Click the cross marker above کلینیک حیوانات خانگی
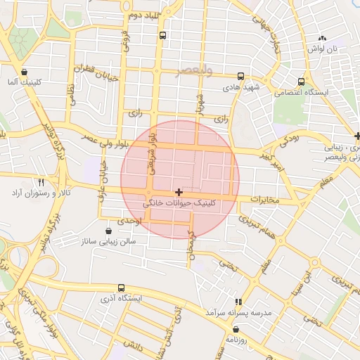pyautogui.click(x=179, y=192)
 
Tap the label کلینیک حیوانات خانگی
pyautogui.click(x=180, y=202)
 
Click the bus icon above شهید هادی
pyautogui.click(x=241, y=77)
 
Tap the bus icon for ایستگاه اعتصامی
pyautogui.click(x=302, y=82)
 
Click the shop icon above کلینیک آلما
pyautogui.click(x=25, y=72)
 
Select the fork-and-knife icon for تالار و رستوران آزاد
pyautogui.click(x=41, y=181)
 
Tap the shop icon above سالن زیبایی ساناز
pyautogui.click(x=108, y=230)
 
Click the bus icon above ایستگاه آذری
pyautogui.click(x=122, y=288)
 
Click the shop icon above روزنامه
pyautogui.click(x=235, y=328)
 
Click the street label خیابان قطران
pyautogui.click(x=94, y=73)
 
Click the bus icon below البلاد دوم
pyautogui.click(x=163, y=34)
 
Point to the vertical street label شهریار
pyautogui.click(x=199, y=102)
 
